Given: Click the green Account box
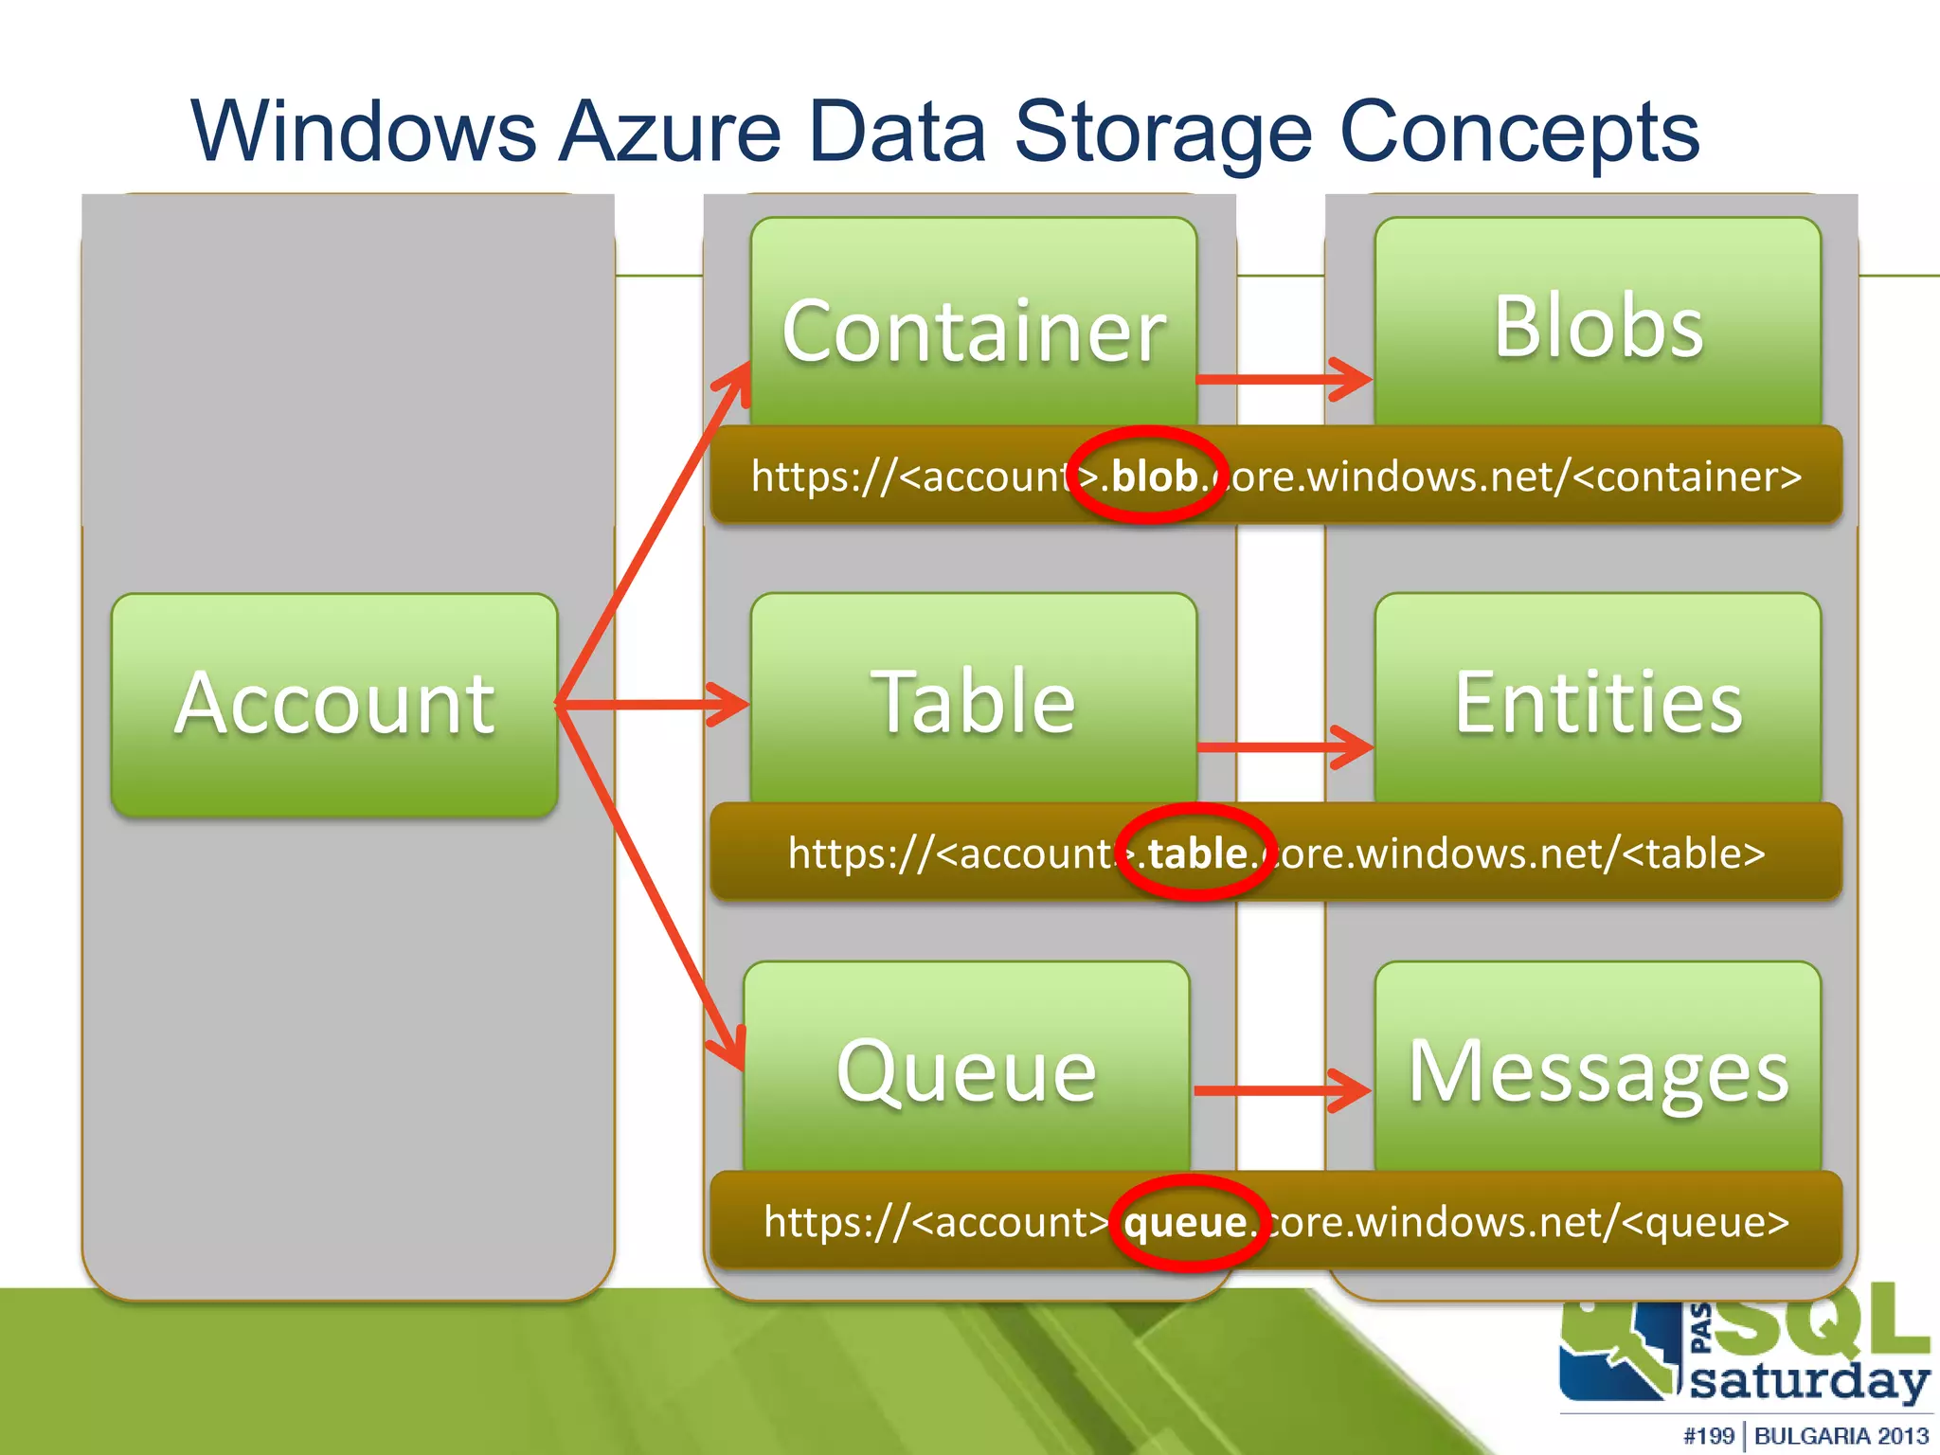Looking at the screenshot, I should point(333,705).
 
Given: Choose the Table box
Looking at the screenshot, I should point(974,701).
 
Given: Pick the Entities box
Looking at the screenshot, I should point(1598,701).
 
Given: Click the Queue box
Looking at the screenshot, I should point(966,1070).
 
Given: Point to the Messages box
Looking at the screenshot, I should point(1598,1070).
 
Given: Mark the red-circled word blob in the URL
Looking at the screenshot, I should point(1153,476).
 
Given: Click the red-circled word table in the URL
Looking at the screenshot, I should point(1197,853).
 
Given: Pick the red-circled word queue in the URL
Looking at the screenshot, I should point(1186,1222).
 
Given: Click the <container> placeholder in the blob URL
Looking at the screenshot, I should point(1687,476).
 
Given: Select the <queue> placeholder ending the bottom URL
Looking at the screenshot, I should point(1705,1222).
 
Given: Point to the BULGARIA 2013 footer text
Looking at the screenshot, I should point(1841,1436).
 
